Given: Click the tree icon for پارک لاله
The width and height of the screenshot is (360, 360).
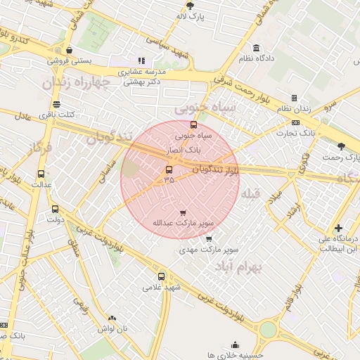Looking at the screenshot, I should (x=190, y=5).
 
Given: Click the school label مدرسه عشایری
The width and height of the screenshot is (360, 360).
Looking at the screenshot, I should (x=140, y=72).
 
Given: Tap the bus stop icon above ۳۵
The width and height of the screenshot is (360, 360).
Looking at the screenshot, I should (x=169, y=169).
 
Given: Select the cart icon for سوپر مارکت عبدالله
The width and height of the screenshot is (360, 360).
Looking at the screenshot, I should (x=183, y=212).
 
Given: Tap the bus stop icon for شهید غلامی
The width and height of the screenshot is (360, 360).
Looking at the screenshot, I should (x=162, y=276).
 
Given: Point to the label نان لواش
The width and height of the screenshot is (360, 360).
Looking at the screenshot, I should (x=112, y=328).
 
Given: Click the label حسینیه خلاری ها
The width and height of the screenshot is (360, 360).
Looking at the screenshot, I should (x=234, y=356).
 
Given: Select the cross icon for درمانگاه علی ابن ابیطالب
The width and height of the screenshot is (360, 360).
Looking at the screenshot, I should (x=339, y=228).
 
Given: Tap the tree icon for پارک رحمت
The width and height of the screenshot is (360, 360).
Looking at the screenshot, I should (x=342, y=146).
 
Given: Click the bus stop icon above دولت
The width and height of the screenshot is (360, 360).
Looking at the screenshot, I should (x=55, y=209).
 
